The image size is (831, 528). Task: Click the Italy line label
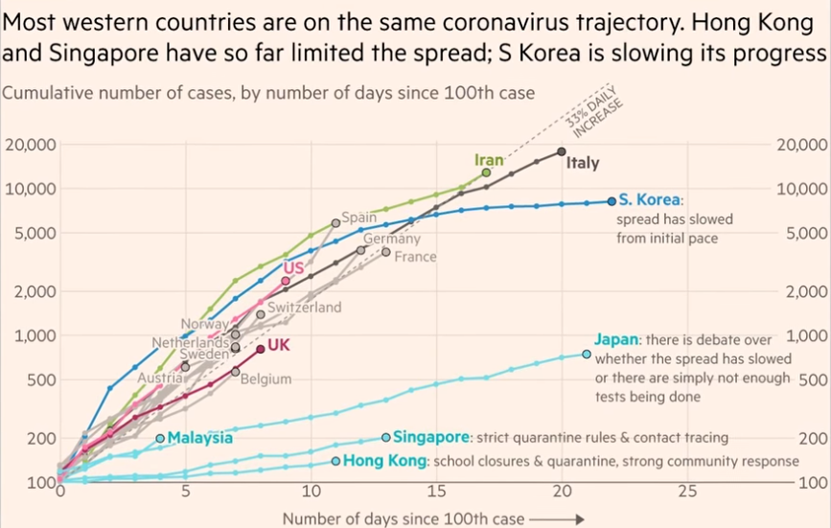(x=583, y=163)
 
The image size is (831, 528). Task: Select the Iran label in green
(x=490, y=160)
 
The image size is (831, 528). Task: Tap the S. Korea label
(x=648, y=200)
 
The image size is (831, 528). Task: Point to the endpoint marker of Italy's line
(x=562, y=151)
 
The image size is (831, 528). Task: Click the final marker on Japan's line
(x=587, y=354)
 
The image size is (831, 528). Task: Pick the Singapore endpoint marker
(x=386, y=437)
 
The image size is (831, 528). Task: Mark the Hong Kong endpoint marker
(x=335, y=461)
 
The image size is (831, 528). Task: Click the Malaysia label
(x=199, y=438)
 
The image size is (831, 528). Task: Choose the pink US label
(x=293, y=268)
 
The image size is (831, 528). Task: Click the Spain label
(x=358, y=218)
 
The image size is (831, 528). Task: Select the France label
(x=415, y=257)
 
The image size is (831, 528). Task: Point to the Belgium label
(x=265, y=379)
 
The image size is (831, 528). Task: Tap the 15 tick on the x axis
(x=436, y=492)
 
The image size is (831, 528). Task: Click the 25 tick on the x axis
(x=687, y=492)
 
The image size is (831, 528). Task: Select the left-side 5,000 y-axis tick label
(x=32, y=233)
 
